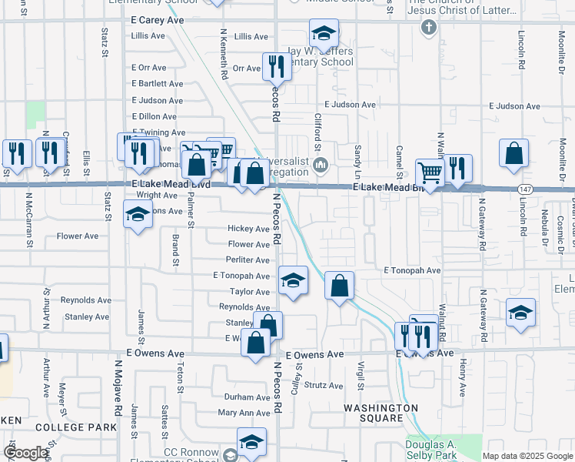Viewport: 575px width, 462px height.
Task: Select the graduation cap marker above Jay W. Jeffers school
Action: pos(324,34)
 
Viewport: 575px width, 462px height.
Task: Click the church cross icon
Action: pos(429,28)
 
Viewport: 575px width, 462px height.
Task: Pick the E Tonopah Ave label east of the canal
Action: pos(412,271)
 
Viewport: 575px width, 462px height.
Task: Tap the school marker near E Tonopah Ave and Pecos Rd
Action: pos(292,280)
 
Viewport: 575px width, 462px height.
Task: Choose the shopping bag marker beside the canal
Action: pos(339,286)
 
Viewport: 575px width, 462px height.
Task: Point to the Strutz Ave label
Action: pos(321,384)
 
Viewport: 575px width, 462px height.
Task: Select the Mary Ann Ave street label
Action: pos(244,413)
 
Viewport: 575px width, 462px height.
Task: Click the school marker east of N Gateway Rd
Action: pos(520,313)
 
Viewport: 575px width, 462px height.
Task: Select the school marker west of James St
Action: pos(138,214)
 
